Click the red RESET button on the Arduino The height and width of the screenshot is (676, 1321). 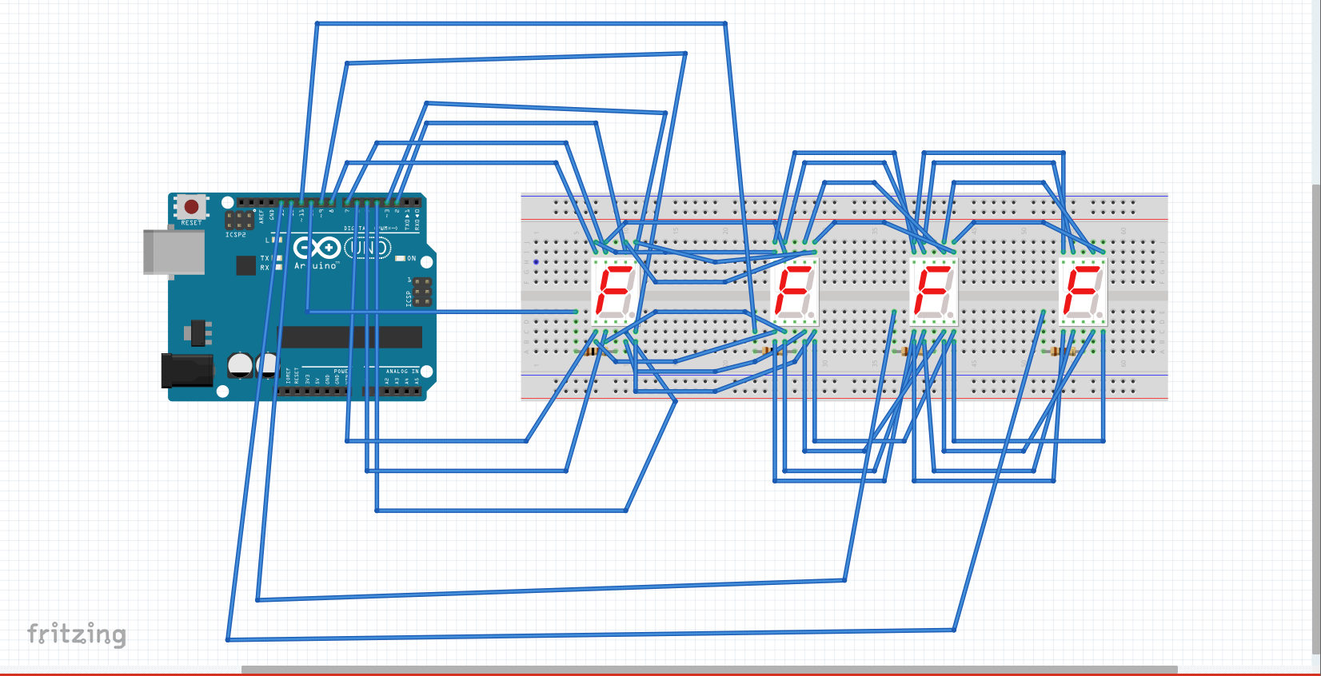tap(191, 207)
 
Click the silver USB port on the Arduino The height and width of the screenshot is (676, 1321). tap(174, 252)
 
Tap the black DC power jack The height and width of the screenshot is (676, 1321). tap(187, 371)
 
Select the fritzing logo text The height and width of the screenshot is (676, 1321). tap(77, 634)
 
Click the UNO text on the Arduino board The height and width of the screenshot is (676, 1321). tap(369, 249)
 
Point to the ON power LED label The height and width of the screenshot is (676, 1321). tap(411, 258)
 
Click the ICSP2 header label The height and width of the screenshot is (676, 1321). tap(236, 235)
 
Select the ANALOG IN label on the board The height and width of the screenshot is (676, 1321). tap(402, 372)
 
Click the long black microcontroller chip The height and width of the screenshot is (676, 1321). tap(349, 337)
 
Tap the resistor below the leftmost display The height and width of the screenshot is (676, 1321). tap(592, 352)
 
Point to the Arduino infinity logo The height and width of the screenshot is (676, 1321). tap(317, 248)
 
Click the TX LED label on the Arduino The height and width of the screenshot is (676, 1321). tap(265, 258)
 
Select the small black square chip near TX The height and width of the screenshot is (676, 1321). tap(246, 264)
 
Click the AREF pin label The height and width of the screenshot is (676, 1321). tap(261, 216)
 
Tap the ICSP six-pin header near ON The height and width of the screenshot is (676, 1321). tap(422, 292)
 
